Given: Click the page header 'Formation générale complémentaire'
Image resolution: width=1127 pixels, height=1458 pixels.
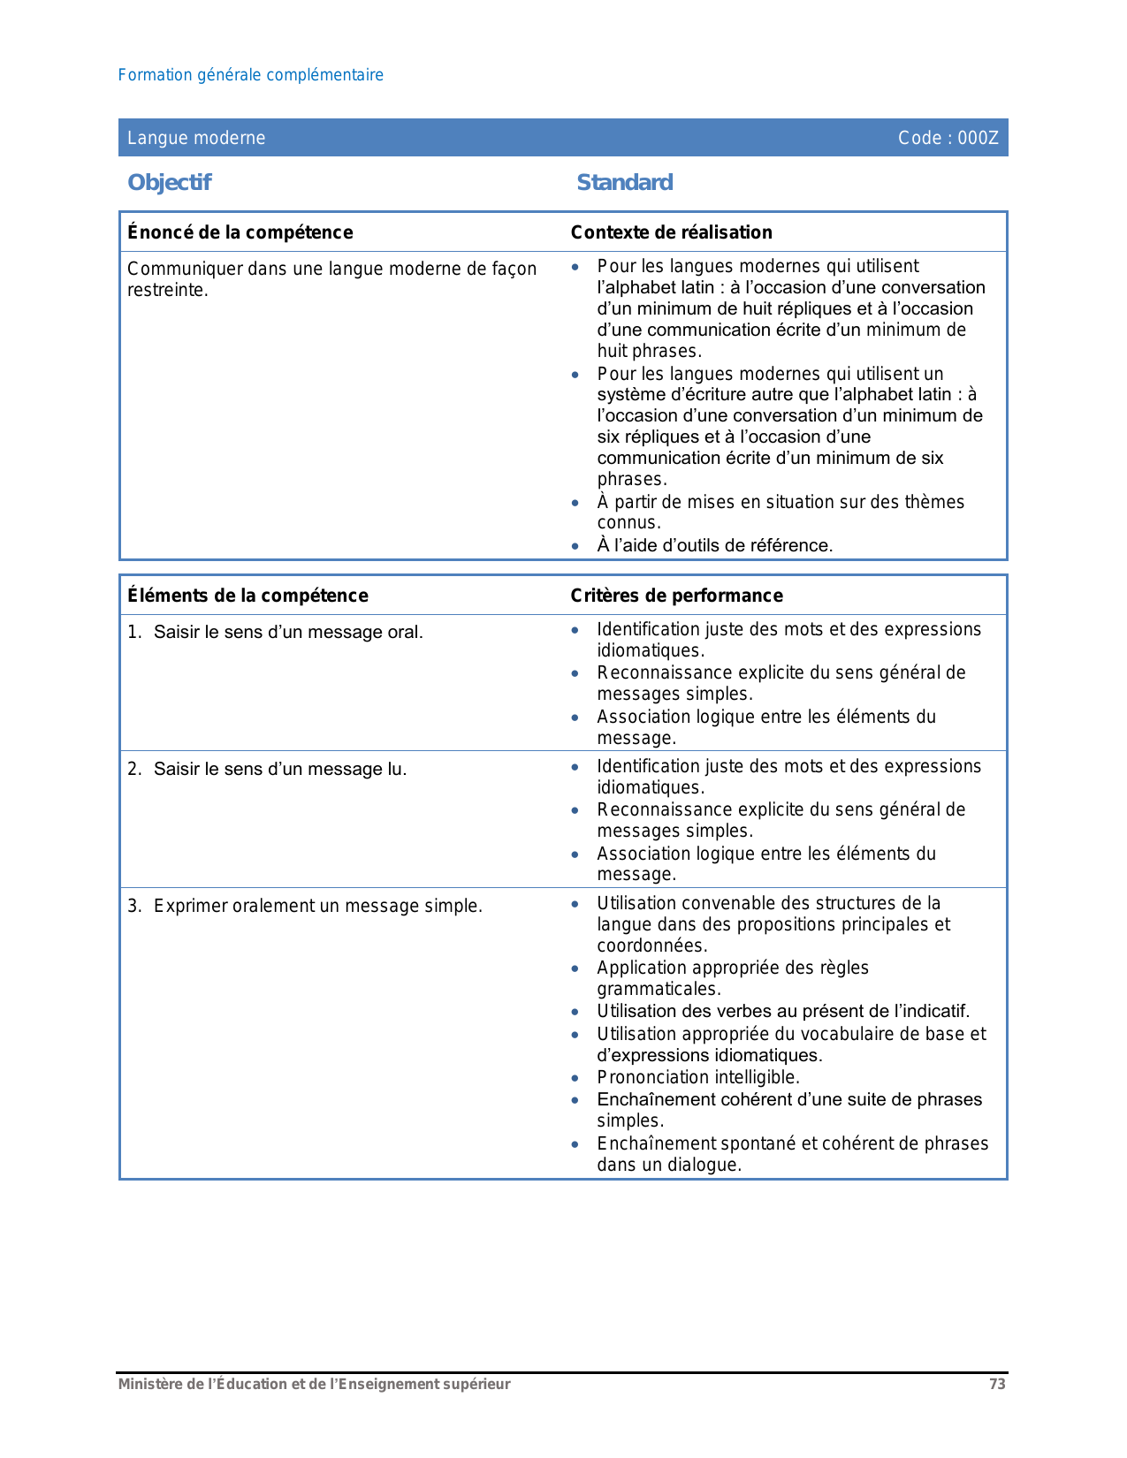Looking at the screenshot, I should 250,75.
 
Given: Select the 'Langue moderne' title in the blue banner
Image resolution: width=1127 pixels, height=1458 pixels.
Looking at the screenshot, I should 196,138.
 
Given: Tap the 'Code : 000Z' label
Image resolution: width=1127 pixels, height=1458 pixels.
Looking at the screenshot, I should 948,138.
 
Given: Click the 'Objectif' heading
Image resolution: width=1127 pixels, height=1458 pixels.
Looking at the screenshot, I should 169,182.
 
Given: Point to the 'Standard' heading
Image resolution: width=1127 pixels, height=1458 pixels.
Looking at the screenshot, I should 624,182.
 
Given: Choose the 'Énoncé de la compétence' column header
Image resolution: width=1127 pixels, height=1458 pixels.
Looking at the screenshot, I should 240,232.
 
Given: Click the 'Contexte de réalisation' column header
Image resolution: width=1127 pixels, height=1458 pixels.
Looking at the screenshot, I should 671,232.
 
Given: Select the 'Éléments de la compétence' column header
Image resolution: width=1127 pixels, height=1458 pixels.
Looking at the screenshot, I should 247,596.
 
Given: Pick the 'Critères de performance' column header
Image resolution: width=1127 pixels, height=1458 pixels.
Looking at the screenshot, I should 676,596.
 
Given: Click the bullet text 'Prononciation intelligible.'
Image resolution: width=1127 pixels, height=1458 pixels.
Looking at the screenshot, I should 697,1077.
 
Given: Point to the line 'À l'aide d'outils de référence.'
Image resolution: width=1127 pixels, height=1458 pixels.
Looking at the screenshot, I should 714,545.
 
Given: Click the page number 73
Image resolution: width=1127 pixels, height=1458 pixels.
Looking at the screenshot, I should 997,1385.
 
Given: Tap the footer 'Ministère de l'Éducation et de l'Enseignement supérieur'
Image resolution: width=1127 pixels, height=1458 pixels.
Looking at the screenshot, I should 314,1385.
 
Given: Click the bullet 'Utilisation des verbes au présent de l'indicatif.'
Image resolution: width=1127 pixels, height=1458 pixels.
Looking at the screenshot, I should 783,1011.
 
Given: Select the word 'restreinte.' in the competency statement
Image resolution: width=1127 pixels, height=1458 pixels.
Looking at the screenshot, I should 168,291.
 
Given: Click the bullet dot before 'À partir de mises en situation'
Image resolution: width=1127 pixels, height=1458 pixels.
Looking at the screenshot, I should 575,503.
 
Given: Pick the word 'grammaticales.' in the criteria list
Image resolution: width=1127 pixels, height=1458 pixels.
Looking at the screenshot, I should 659,989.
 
